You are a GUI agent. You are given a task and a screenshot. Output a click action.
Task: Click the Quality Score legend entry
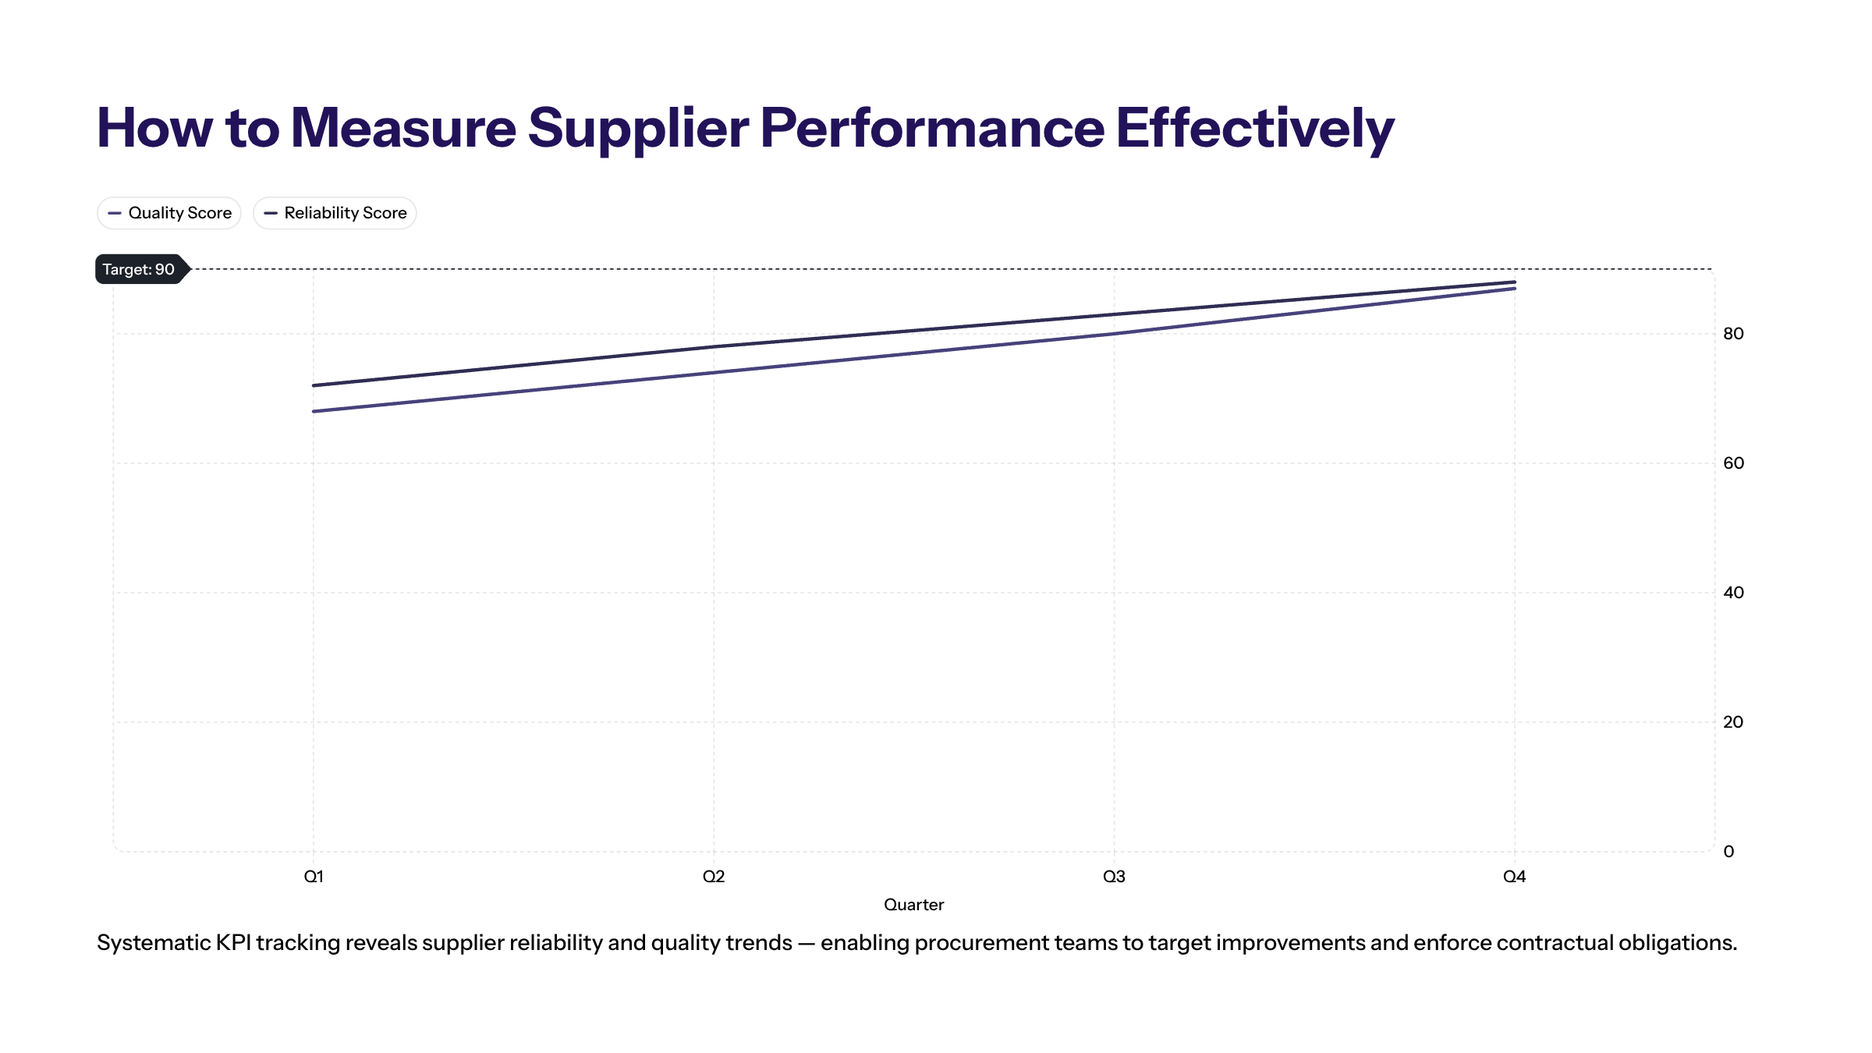(x=169, y=213)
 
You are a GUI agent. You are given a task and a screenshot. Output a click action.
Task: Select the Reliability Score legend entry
(x=335, y=213)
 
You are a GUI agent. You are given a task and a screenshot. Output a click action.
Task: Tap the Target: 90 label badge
(x=139, y=269)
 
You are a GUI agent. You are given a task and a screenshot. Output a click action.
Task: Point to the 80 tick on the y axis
(x=1733, y=334)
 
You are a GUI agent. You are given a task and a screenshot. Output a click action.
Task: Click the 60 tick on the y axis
(x=1733, y=463)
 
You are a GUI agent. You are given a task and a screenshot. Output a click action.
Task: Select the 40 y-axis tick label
(x=1733, y=593)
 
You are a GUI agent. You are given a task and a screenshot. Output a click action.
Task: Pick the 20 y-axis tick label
(x=1733, y=722)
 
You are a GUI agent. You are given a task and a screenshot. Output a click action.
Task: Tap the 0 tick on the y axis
(x=1728, y=852)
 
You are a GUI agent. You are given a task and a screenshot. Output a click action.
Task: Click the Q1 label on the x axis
(x=314, y=877)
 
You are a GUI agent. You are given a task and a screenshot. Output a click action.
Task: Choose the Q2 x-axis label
(x=714, y=877)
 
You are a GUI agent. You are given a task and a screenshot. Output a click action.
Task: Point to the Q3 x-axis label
(x=1114, y=877)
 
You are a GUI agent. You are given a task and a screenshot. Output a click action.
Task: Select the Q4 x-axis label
(x=1514, y=877)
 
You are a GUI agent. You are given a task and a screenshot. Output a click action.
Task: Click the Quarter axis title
(x=913, y=905)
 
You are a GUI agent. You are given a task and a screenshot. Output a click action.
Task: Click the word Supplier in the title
(x=637, y=129)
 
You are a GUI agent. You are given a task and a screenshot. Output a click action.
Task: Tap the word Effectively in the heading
(x=1254, y=129)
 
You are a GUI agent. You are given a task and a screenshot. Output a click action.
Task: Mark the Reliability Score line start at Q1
(x=314, y=385)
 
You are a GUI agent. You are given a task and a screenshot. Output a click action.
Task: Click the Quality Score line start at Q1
(x=314, y=411)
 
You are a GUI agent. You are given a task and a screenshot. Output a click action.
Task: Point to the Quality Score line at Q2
(x=714, y=372)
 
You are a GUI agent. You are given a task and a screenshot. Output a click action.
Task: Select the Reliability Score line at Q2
(x=714, y=346)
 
